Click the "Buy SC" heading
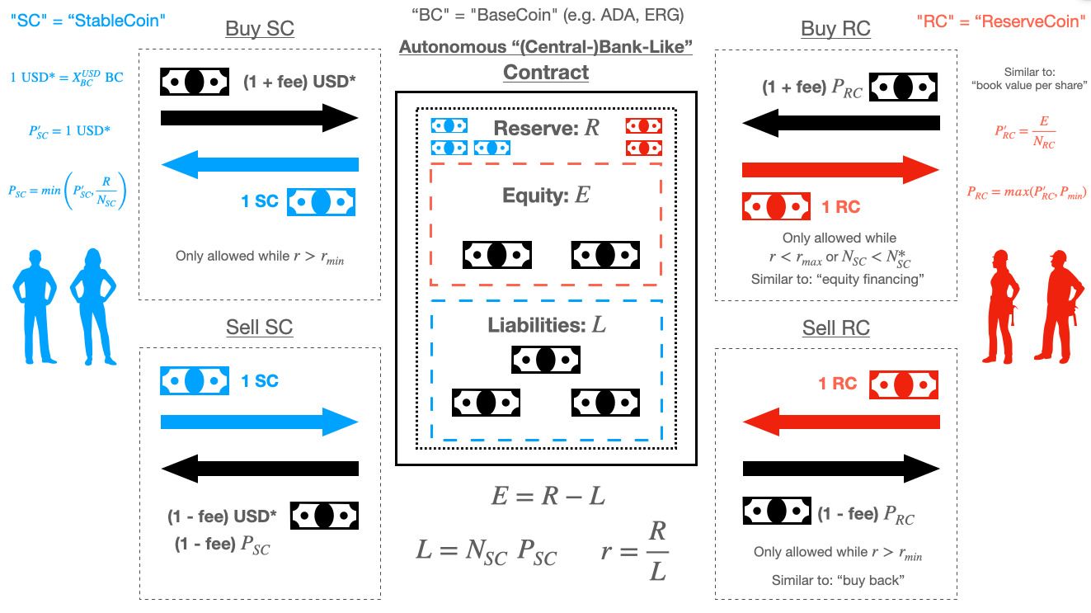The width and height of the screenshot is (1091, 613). point(259,29)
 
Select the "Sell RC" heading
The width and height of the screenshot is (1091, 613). point(835,328)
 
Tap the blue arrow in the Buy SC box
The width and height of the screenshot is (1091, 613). point(260,166)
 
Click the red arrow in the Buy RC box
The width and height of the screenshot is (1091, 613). point(840,170)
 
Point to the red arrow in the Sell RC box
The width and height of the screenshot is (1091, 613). point(840,422)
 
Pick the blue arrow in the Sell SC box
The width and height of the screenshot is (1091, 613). point(260,422)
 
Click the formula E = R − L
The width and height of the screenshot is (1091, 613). point(548,497)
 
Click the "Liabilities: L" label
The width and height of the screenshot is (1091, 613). point(546,325)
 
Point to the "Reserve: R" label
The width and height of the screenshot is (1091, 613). point(547,129)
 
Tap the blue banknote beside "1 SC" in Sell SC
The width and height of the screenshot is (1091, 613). point(194,380)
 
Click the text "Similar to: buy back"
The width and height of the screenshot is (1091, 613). point(837,580)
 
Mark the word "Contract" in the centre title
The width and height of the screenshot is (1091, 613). point(546,72)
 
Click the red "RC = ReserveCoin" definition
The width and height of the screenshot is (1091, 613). point(1002,21)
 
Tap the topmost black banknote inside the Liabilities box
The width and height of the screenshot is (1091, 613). point(546,360)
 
